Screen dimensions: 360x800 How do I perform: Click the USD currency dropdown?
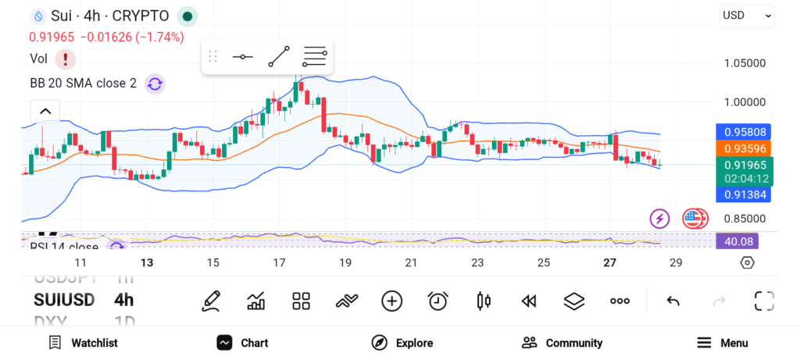tap(747, 15)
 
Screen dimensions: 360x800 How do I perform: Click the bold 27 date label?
tap(610, 263)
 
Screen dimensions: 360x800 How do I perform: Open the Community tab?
tap(562, 343)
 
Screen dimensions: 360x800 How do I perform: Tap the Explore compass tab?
tap(402, 343)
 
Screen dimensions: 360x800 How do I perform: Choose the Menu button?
tap(722, 343)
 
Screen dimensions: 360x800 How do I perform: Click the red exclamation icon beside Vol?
tap(65, 59)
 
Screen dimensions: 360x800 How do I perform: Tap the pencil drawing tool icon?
tap(210, 301)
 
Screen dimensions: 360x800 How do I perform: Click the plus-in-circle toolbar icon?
tap(391, 301)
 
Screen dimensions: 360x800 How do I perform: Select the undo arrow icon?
tap(673, 301)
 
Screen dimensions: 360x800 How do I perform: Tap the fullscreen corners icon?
tap(763, 301)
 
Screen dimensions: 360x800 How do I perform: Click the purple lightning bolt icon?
tap(660, 219)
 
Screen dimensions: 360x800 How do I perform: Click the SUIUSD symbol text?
tap(64, 300)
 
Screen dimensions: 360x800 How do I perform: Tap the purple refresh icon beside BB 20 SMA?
tap(155, 84)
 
